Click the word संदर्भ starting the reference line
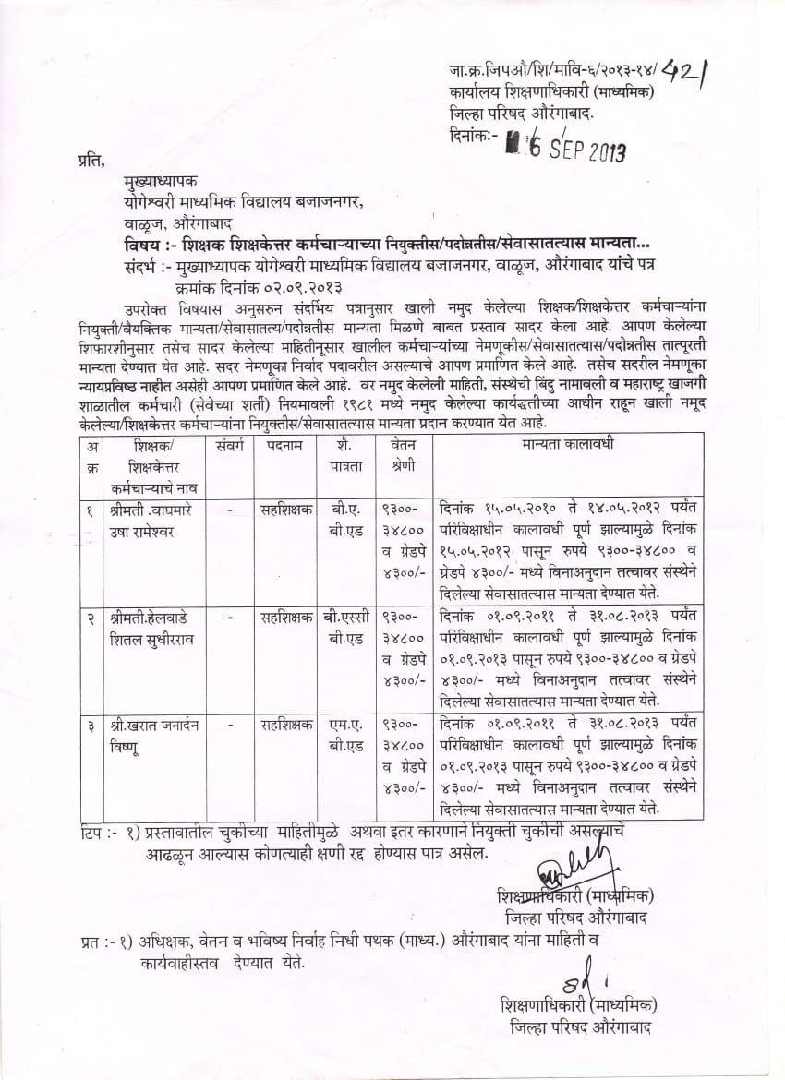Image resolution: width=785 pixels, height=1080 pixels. [x=141, y=269]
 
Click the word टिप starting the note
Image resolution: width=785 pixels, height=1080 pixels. [x=94, y=834]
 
